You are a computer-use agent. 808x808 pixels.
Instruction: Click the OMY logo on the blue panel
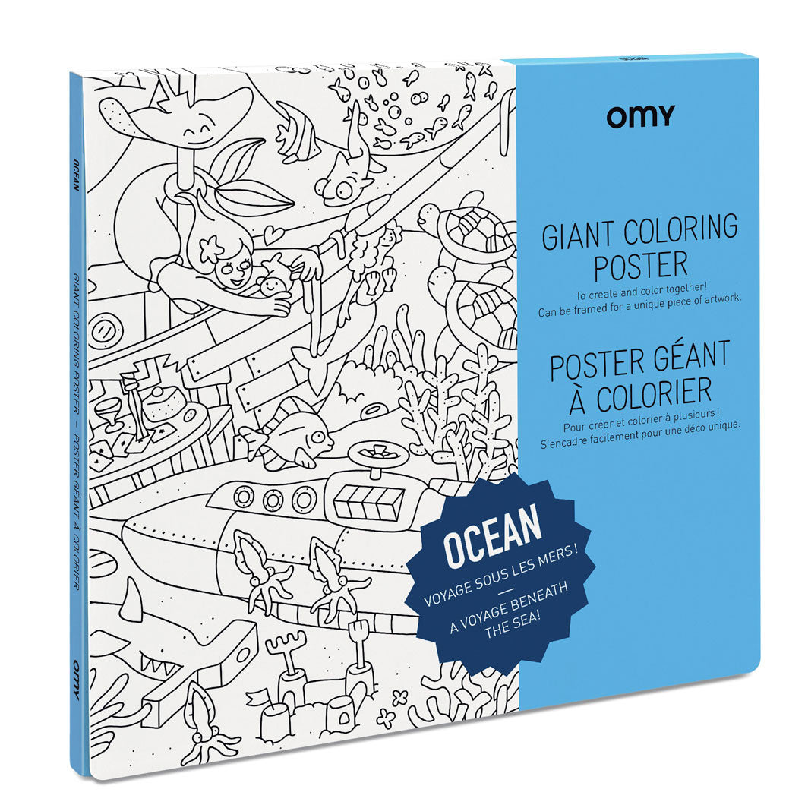pos(640,115)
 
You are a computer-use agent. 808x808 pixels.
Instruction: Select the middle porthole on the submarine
pos(273,500)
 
